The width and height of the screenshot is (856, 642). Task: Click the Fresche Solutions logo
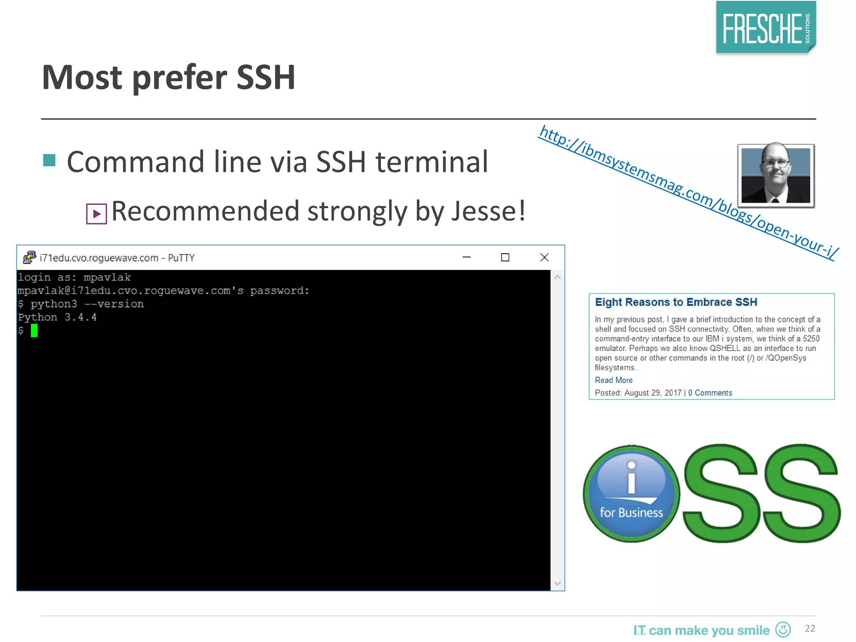coord(765,28)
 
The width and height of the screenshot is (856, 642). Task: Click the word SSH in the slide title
coord(266,78)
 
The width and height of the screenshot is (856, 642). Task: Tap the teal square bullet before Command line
coord(49,160)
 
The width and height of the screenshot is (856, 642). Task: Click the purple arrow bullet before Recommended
coord(97,214)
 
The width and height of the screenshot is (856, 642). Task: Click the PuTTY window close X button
coord(544,257)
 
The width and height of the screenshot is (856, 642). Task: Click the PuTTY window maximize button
coord(505,257)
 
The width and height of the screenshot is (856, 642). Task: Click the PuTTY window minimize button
coord(466,257)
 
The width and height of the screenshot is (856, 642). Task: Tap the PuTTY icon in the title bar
coord(29,257)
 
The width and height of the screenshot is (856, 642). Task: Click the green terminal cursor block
coord(34,331)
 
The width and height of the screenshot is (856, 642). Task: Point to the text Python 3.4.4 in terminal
coord(57,318)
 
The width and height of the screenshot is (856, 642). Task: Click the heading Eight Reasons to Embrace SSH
coord(676,302)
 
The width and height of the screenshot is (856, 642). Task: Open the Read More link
coord(614,380)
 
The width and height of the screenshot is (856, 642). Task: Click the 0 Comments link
coord(710,393)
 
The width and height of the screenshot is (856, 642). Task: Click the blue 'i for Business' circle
coord(631,494)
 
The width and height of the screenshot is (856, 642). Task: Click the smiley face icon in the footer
coord(783,629)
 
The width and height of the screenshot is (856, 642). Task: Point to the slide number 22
coord(810,629)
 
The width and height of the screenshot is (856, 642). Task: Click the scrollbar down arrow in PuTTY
coord(557,583)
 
